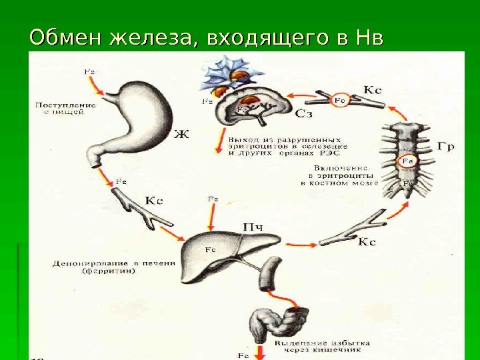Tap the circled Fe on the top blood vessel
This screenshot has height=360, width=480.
340,99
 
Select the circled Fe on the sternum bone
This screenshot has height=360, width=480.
407,160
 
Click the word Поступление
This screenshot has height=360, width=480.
65,105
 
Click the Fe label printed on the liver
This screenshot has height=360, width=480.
209,249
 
